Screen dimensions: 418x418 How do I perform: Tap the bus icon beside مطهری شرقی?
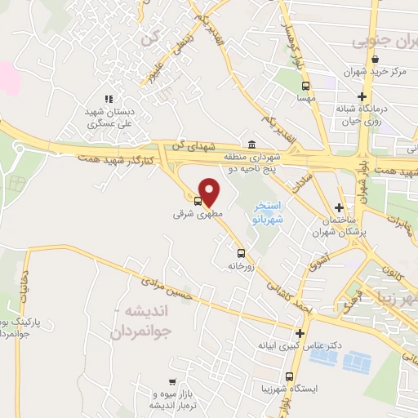(198, 202)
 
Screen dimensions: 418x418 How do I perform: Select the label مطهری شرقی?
(197, 216)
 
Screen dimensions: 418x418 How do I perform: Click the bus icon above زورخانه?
(240, 253)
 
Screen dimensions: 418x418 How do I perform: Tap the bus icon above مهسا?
(305, 85)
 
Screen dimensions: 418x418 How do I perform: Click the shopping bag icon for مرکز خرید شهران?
(375, 60)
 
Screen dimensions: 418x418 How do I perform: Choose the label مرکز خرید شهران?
(375, 72)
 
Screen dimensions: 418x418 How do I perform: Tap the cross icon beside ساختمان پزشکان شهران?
(340, 207)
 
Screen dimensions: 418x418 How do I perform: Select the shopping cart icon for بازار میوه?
(171, 382)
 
